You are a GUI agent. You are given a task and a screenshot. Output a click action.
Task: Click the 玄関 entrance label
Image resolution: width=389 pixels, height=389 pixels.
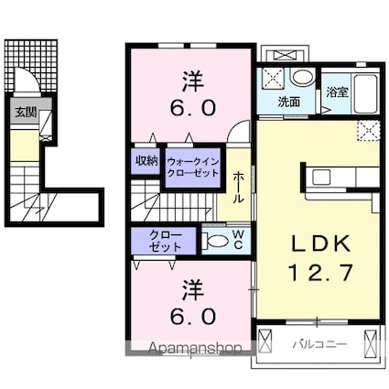coord(25,113)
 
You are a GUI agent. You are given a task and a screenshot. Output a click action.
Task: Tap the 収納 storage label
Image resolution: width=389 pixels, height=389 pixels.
coord(146,161)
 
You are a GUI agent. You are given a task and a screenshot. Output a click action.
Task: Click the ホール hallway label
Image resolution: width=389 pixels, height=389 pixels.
coord(238,187)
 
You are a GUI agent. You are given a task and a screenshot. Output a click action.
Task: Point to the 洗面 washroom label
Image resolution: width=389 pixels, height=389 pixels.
coord(290,103)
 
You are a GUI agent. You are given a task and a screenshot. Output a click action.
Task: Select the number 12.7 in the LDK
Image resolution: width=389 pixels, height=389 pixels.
coord(319,272)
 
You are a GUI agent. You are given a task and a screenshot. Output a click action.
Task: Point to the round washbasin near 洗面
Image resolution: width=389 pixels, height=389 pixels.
coord(304,78)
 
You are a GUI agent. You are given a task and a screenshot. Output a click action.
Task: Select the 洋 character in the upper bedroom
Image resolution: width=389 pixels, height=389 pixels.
coord(191,81)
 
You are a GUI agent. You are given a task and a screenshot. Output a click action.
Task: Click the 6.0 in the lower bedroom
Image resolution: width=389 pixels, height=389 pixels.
coord(191,317)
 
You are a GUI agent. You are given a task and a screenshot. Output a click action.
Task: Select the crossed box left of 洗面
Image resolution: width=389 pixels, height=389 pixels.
coord(272,77)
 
